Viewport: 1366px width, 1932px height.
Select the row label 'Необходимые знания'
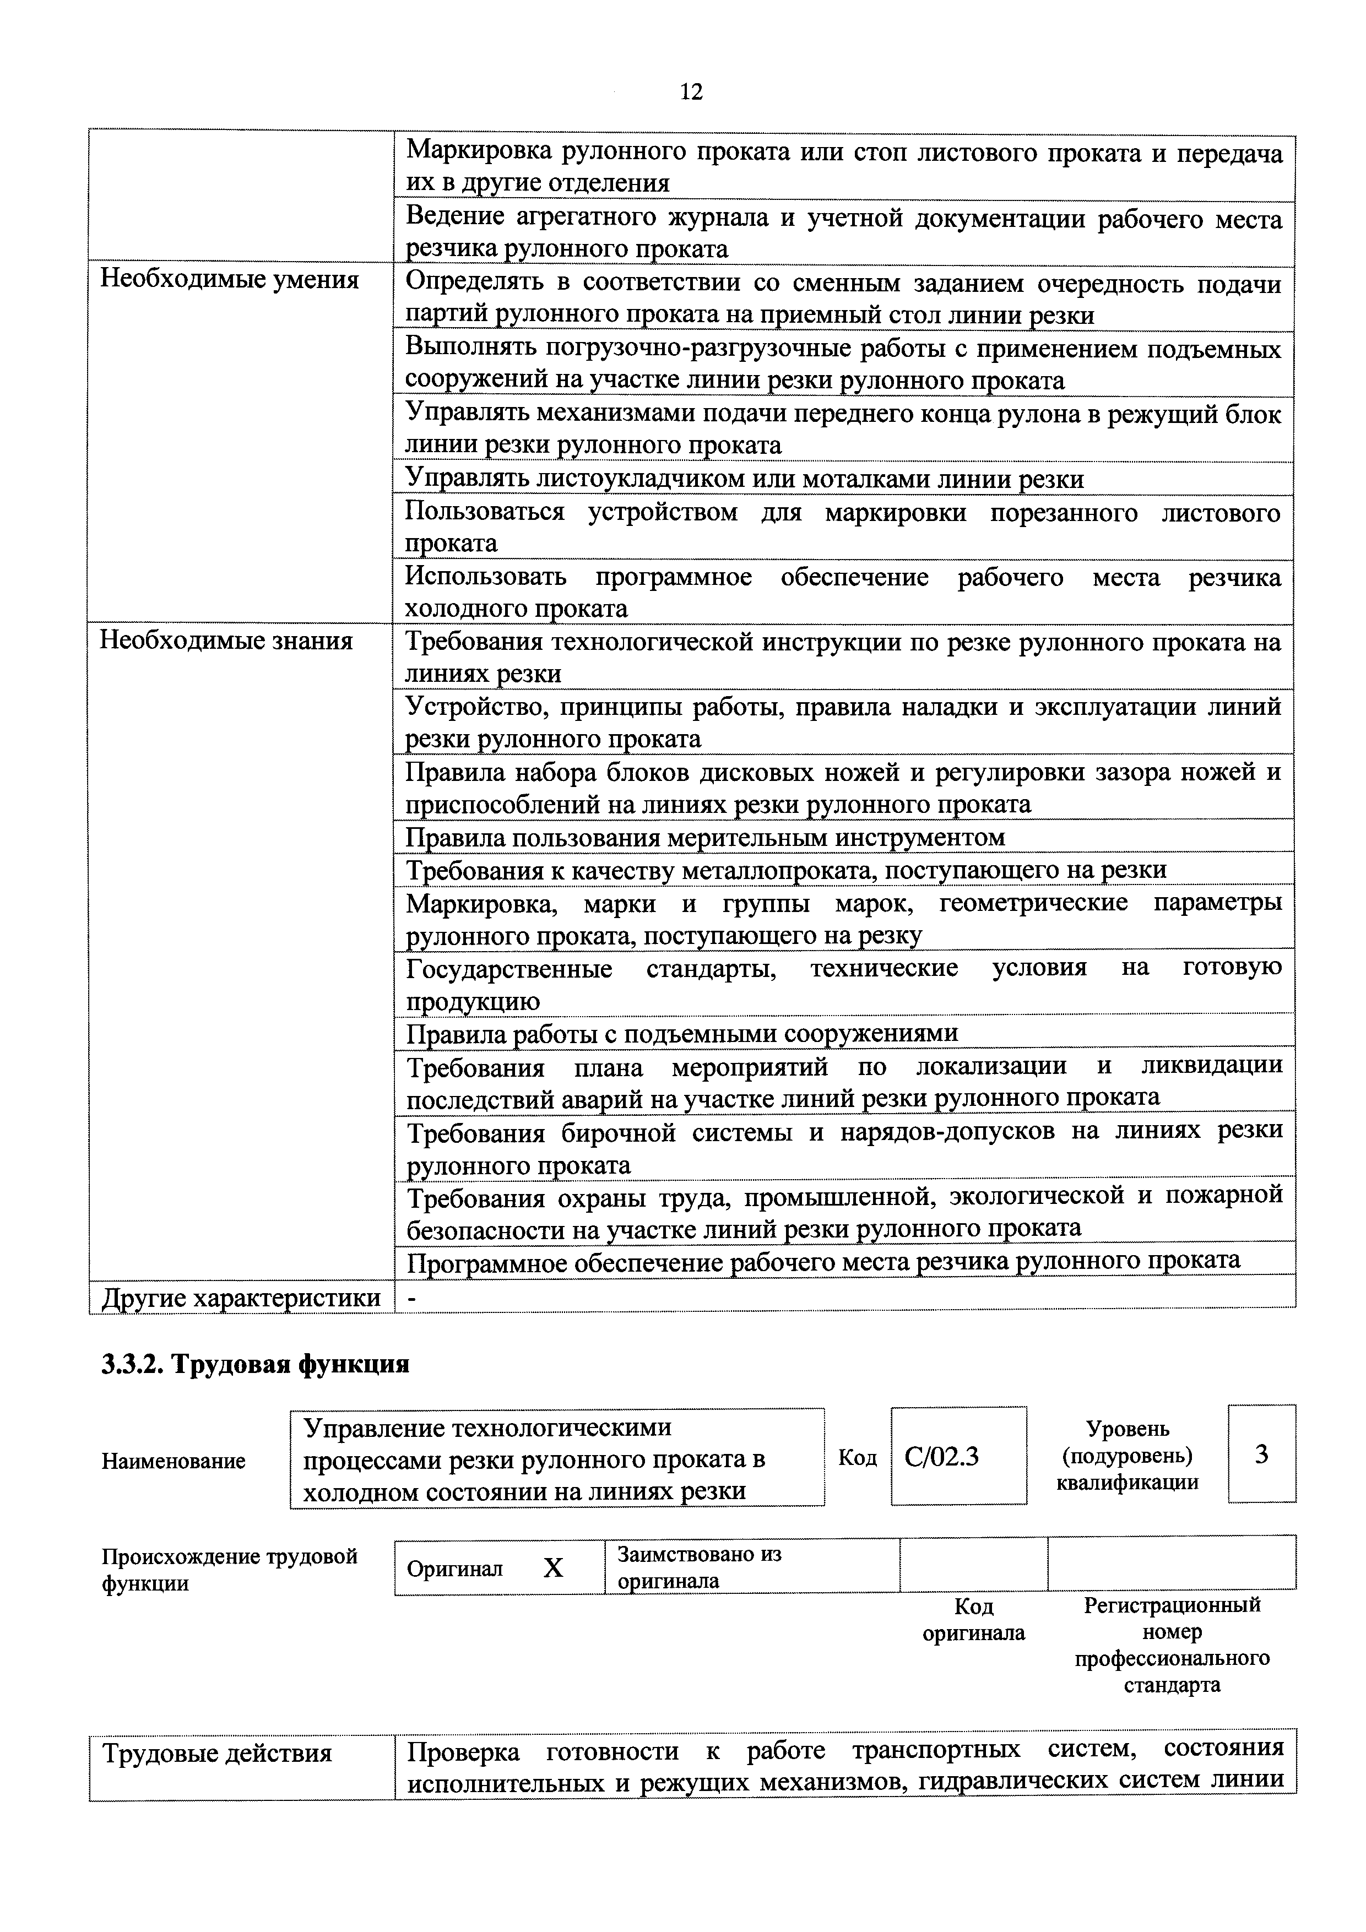(x=226, y=641)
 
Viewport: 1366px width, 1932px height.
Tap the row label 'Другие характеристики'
(x=241, y=1299)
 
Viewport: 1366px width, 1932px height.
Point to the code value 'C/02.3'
(x=941, y=1457)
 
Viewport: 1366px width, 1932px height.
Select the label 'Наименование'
(x=174, y=1461)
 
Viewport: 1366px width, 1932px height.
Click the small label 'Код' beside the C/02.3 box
(x=857, y=1457)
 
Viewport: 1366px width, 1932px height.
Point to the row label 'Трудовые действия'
(x=217, y=1754)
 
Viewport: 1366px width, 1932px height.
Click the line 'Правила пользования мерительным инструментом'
(x=705, y=837)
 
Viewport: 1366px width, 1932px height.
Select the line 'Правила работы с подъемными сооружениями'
(x=682, y=1033)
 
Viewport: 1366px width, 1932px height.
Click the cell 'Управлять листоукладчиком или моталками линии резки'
(x=744, y=479)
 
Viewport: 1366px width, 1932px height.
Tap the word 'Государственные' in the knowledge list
(x=508, y=969)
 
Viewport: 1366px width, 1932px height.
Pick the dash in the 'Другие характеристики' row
(x=411, y=1299)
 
